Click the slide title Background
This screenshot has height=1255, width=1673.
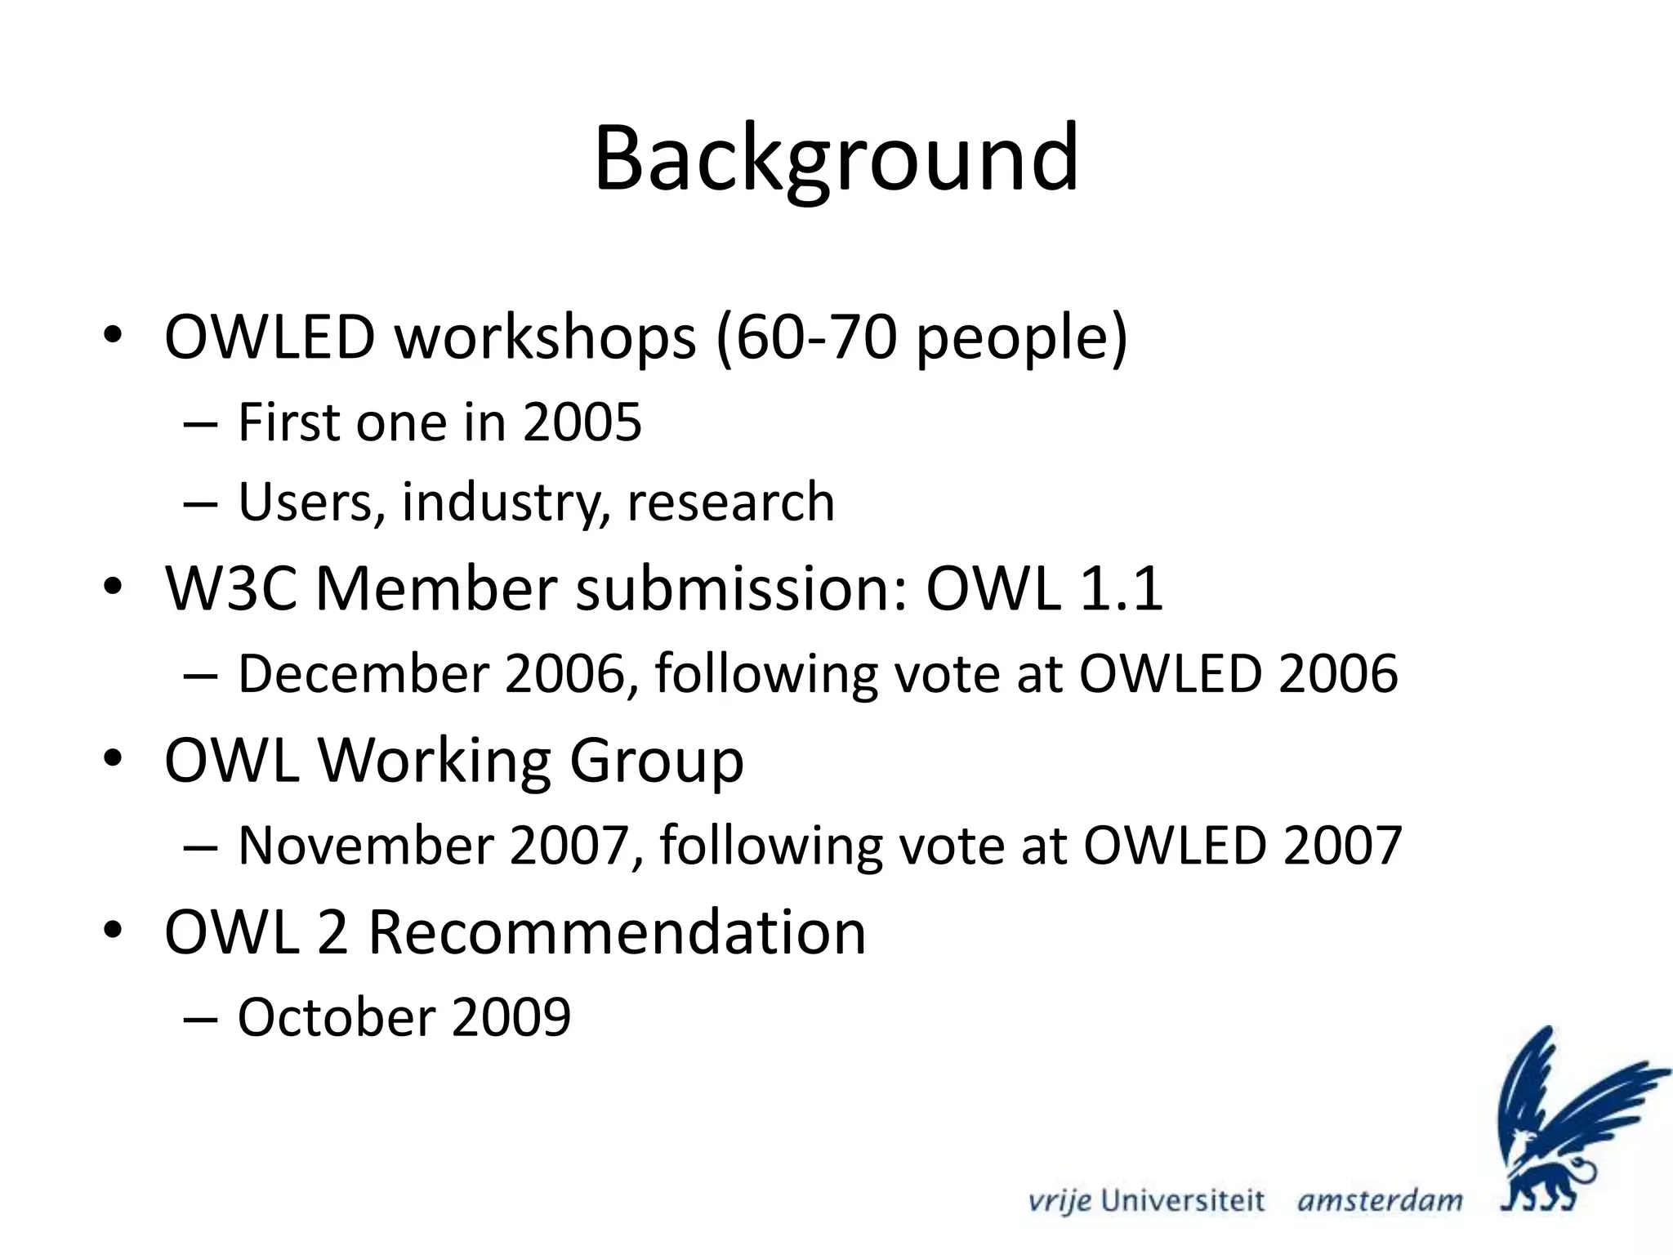pos(836,159)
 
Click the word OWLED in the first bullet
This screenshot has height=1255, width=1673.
pos(270,337)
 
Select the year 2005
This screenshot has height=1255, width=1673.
pos(582,423)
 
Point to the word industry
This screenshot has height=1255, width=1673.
pos(506,502)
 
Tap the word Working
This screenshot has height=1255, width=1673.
pos(433,761)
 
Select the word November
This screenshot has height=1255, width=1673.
pos(364,846)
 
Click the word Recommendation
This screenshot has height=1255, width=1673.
pos(617,932)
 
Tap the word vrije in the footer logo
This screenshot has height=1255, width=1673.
pos(1059,1201)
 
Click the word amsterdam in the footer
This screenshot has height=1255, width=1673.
pos(1380,1201)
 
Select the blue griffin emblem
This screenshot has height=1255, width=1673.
pos(1564,1119)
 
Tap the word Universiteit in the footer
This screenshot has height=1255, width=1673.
pos(1182,1201)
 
